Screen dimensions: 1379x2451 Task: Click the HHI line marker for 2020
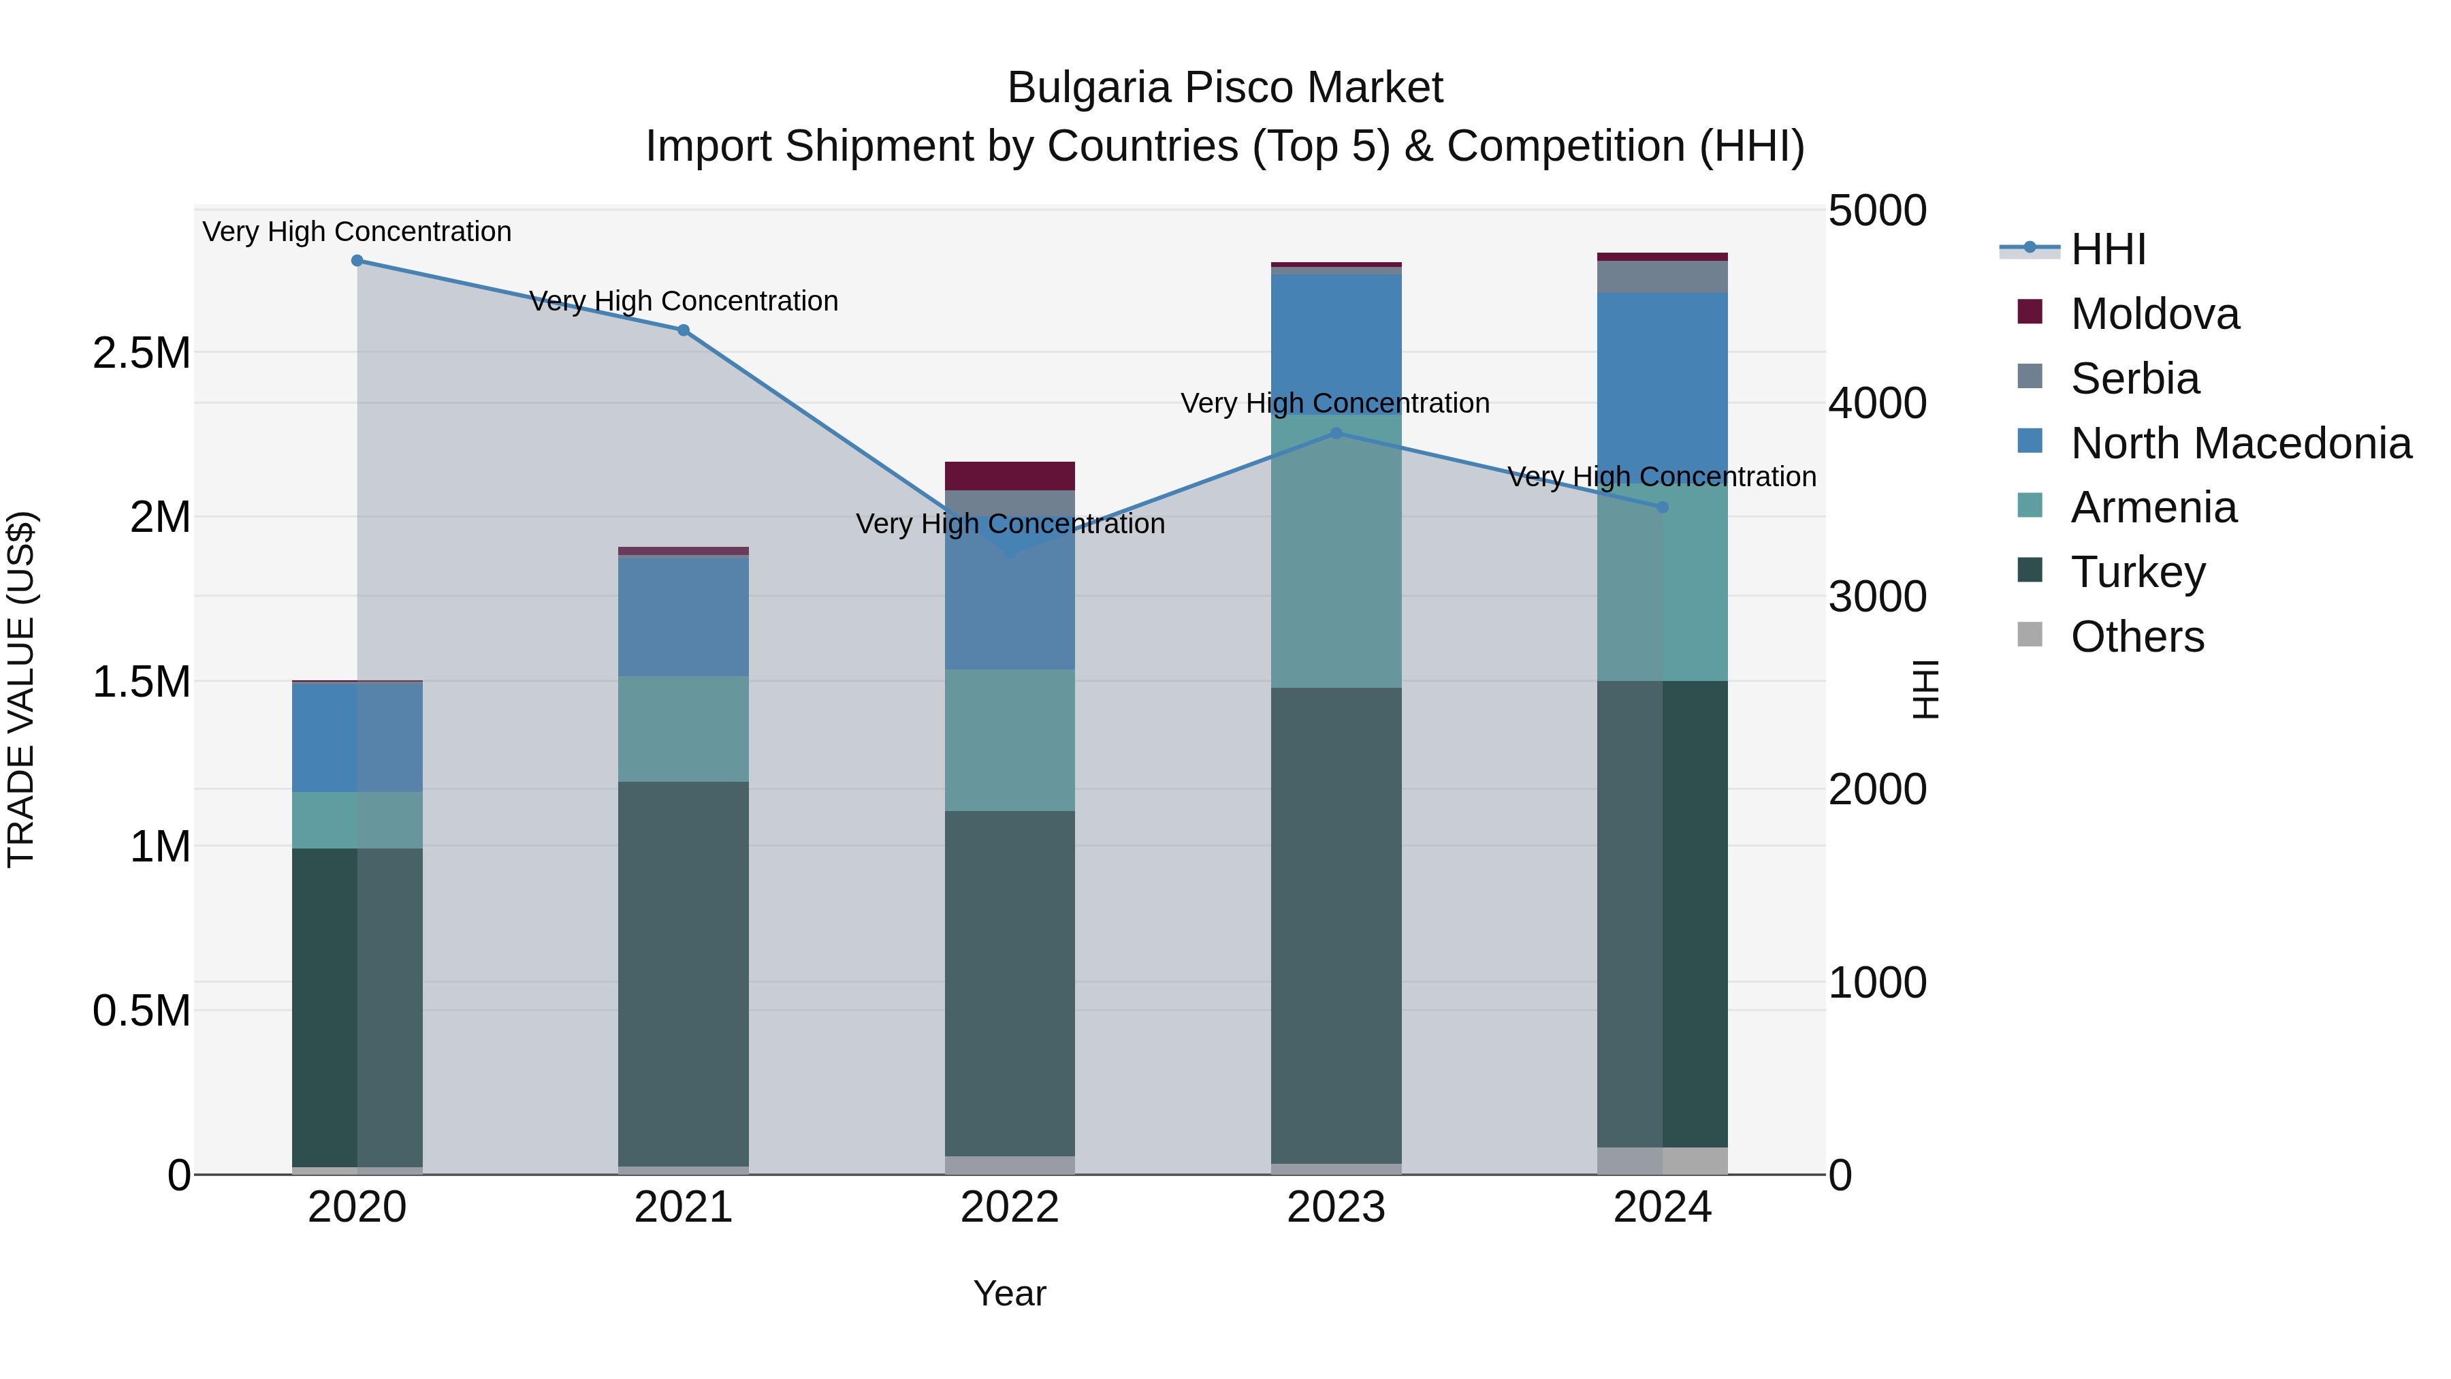(357, 261)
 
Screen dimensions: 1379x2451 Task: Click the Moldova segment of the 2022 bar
(1010, 476)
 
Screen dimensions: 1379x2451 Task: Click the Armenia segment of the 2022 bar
(1010, 740)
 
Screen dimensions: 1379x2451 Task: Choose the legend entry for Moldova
(2154, 314)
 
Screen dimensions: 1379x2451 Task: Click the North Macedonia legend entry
(2240, 443)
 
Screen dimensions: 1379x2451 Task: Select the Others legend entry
(2136, 637)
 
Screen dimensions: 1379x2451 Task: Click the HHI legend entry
(2107, 249)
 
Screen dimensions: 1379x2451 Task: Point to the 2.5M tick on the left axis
(141, 353)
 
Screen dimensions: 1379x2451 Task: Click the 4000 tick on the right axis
(1876, 404)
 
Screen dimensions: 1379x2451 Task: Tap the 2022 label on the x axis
(1010, 1207)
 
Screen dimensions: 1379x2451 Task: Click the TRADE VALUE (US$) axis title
(22, 689)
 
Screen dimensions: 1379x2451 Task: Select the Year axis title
(1010, 1293)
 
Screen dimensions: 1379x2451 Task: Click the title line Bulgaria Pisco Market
(1225, 89)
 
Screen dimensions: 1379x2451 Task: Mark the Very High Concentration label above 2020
(357, 232)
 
